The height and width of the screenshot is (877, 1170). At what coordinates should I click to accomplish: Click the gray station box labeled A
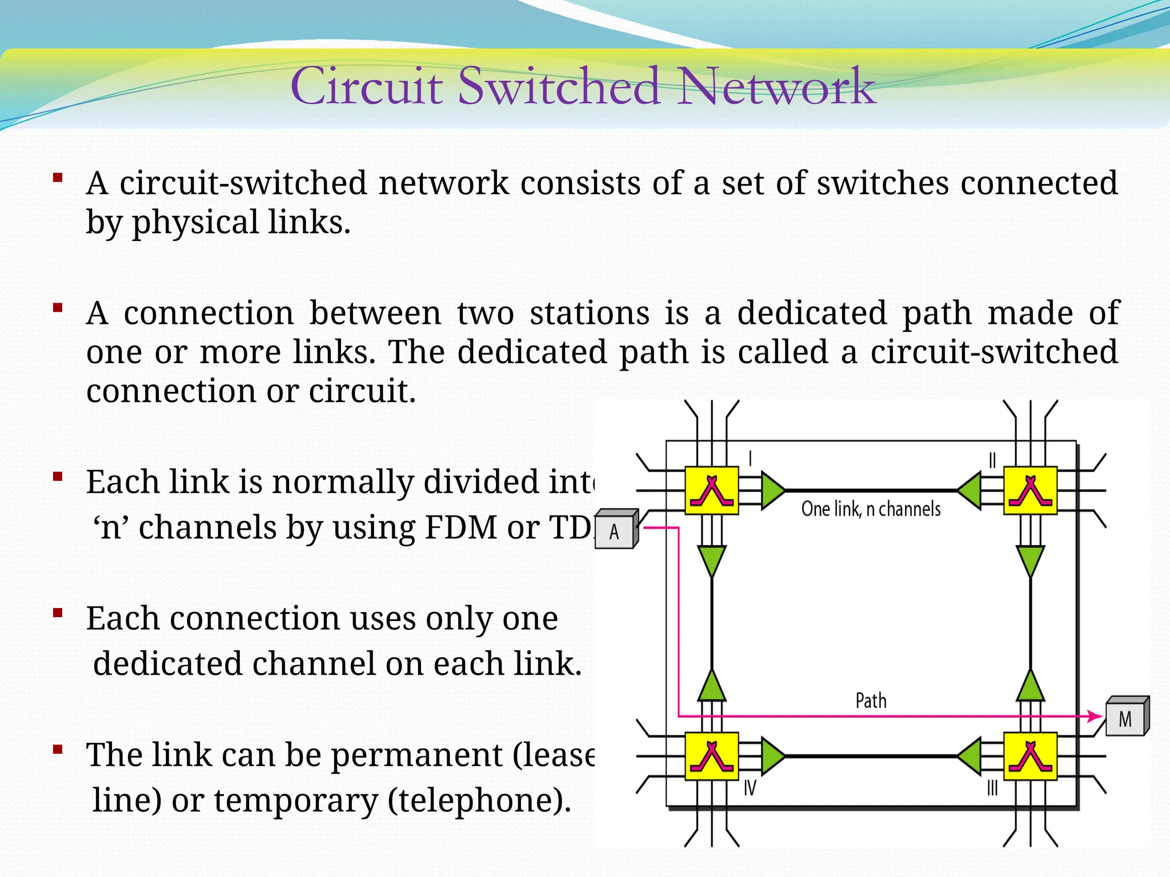[x=615, y=531]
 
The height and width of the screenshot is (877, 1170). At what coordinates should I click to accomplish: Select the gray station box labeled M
[x=1125, y=718]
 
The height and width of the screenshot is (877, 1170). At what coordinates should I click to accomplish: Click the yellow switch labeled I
[x=712, y=490]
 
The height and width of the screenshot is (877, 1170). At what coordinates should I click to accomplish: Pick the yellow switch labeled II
[x=1030, y=490]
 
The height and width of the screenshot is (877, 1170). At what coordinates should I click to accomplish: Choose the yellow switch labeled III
[x=1030, y=756]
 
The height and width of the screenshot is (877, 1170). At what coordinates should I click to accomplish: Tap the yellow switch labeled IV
[x=712, y=756]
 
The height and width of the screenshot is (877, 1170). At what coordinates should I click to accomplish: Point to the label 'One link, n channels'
[x=871, y=509]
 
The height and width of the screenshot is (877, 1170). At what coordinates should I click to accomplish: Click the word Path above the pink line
[x=871, y=701]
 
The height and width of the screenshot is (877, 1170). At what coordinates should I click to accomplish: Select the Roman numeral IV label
[x=750, y=789]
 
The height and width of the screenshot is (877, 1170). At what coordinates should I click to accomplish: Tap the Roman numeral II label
[x=992, y=460]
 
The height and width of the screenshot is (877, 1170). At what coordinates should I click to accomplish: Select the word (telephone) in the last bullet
[x=479, y=800]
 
